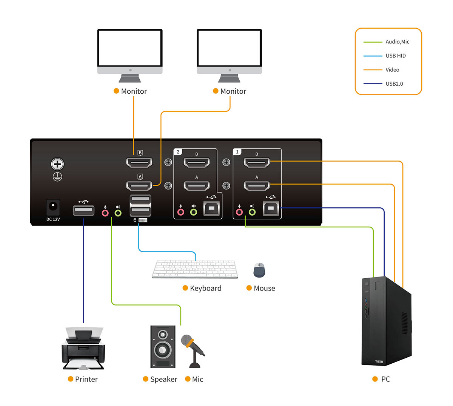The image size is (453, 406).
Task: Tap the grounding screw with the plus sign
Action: [57, 164]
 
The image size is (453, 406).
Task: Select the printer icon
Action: [83, 348]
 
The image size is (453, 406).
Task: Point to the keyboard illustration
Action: [195, 269]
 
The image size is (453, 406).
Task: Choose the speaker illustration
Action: [163, 346]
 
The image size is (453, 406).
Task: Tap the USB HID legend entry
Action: [396, 56]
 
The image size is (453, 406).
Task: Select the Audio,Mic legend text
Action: [397, 42]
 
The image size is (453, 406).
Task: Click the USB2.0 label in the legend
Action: [394, 84]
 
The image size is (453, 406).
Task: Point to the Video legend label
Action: [392, 70]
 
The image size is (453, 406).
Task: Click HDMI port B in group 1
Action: [257, 162]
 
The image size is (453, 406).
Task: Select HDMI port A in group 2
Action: [196, 185]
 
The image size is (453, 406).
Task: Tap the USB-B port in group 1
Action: [271, 208]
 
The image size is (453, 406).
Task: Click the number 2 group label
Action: [178, 152]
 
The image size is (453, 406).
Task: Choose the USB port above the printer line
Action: [83, 210]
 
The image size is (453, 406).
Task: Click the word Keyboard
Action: [206, 289]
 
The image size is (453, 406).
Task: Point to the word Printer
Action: [86, 379]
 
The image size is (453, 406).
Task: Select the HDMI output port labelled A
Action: [139, 186]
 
